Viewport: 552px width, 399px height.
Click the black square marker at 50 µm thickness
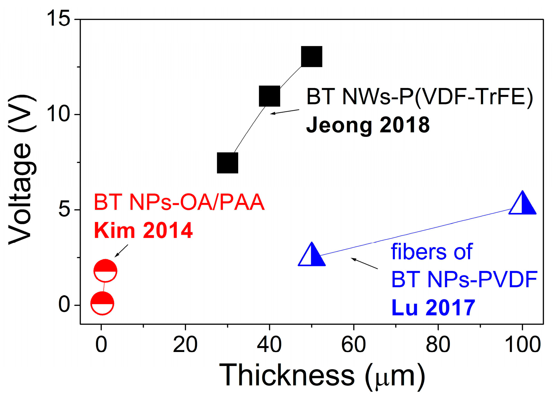click(x=311, y=57)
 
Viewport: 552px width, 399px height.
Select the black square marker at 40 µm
click(x=269, y=96)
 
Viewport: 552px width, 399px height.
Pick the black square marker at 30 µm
click(x=227, y=163)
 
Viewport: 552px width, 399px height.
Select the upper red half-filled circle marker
click(x=105, y=271)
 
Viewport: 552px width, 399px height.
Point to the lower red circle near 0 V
click(x=102, y=303)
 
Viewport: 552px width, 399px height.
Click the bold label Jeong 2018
click(x=368, y=125)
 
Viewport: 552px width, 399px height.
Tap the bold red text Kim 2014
click(x=143, y=231)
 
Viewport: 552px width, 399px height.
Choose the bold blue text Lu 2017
click(x=433, y=308)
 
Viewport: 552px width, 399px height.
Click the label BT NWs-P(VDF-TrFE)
click(x=419, y=97)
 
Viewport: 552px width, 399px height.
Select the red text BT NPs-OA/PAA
click(x=179, y=202)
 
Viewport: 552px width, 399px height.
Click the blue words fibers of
click(x=431, y=252)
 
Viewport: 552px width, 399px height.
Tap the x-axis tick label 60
click(x=353, y=345)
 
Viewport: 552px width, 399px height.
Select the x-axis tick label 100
click(x=523, y=345)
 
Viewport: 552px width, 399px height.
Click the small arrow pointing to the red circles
click(x=121, y=251)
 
